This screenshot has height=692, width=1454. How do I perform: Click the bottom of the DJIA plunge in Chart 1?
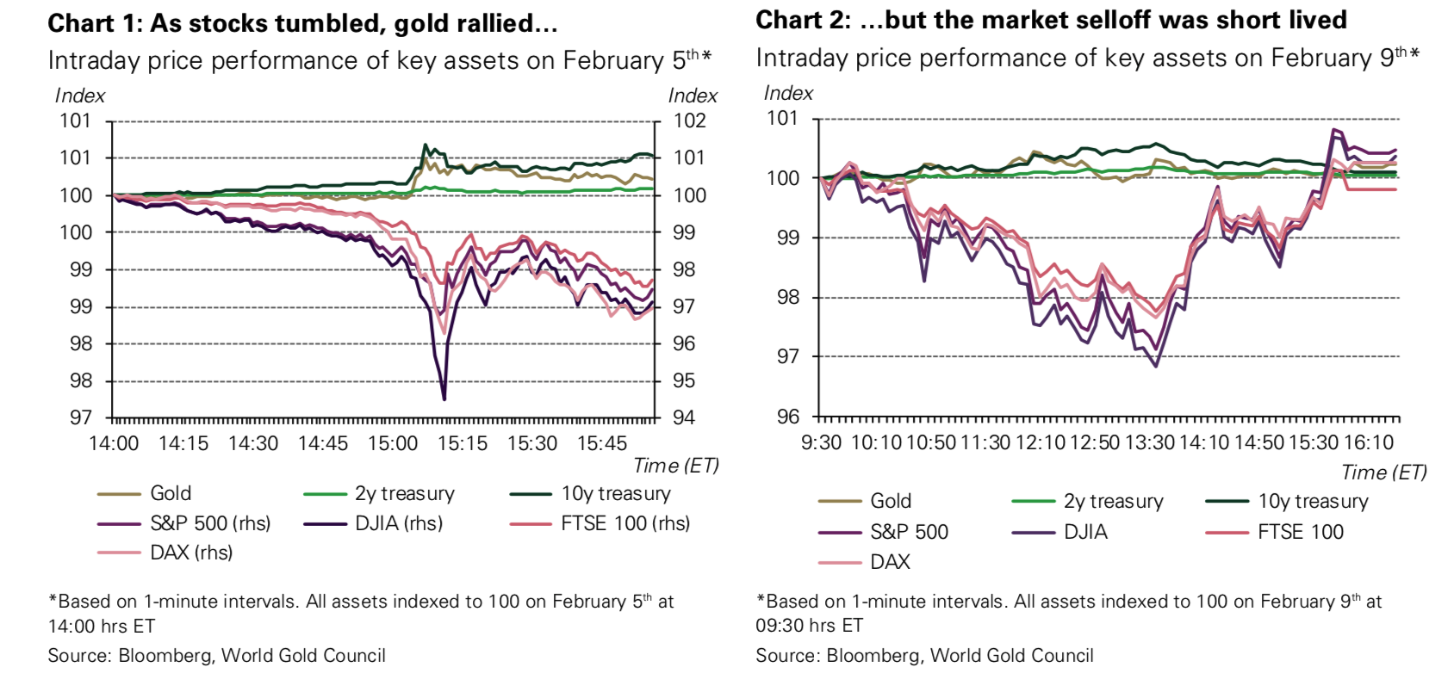coord(444,399)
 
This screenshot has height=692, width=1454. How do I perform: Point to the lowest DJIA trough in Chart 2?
coord(1155,366)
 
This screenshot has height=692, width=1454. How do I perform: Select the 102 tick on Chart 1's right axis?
coord(689,120)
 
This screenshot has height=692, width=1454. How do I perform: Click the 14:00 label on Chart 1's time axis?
coord(114,444)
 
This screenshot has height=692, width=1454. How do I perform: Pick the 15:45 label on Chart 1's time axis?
coord(602,444)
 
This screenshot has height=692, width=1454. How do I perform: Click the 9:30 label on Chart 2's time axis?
coord(821,442)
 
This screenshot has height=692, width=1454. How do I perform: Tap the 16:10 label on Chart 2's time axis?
coord(1369,442)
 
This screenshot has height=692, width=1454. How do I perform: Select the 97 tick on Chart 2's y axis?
coord(788,357)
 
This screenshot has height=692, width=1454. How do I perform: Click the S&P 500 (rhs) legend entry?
coord(209,523)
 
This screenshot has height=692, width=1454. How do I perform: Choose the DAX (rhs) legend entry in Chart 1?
coord(190,553)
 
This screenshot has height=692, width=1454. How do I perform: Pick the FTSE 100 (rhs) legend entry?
coord(624,523)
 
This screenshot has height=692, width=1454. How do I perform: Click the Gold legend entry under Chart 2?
coord(890,501)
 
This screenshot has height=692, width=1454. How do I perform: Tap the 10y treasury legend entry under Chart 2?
coord(1312,501)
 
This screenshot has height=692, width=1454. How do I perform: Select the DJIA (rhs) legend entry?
coord(398,523)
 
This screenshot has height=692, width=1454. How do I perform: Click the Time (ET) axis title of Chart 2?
coord(1383,473)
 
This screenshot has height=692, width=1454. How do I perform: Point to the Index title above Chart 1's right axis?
coord(693,96)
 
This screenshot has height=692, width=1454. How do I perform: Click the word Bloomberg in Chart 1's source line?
coord(164,656)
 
